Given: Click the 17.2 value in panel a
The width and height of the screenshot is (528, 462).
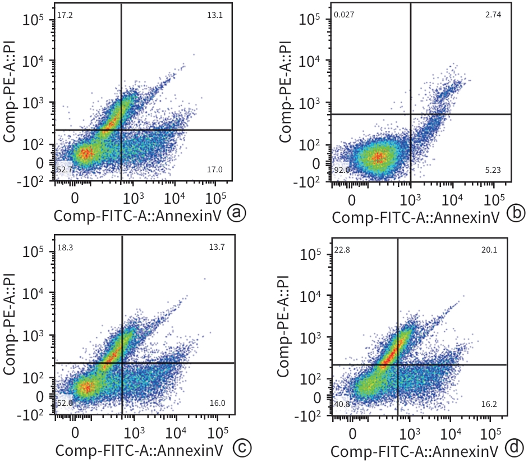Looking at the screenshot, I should [x=65, y=15].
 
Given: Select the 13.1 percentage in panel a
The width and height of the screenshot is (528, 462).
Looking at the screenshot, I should [x=215, y=15].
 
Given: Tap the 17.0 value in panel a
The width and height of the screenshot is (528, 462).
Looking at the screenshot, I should [x=215, y=169].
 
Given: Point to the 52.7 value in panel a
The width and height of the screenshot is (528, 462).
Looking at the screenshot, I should [x=65, y=169].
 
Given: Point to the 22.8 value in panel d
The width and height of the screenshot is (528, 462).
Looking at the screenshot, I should [x=342, y=249].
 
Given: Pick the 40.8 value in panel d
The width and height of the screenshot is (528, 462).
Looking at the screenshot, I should [x=342, y=403].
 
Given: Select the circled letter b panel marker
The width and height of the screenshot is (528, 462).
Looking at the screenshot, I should [x=515, y=213].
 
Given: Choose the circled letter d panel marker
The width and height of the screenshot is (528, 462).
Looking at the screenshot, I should [x=515, y=449].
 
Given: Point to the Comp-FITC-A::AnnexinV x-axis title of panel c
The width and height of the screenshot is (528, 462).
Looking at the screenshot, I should [x=140, y=450].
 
